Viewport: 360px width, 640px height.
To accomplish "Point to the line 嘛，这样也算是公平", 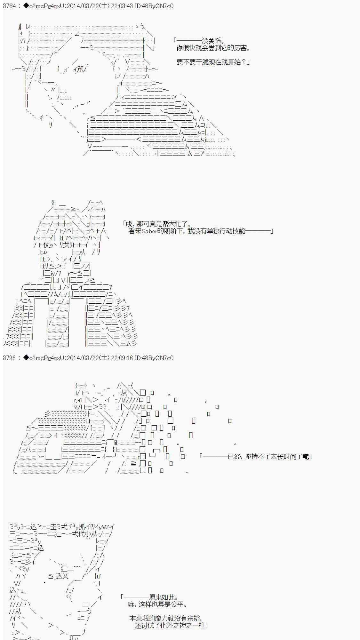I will pyautogui.click(x=157, y=604).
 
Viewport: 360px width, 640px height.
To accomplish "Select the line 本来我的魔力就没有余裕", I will pyautogui.click(x=165, y=618).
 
